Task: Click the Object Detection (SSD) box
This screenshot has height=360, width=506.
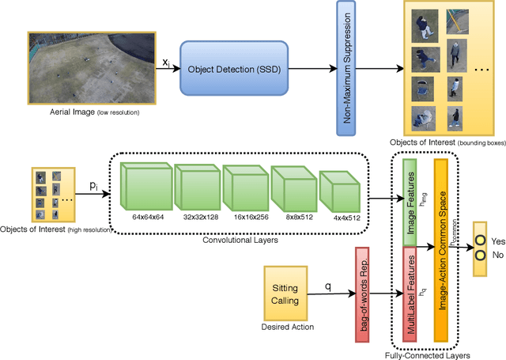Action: [228, 68]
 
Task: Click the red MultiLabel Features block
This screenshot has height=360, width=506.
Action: [410, 294]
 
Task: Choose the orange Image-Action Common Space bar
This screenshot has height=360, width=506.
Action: [441, 246]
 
